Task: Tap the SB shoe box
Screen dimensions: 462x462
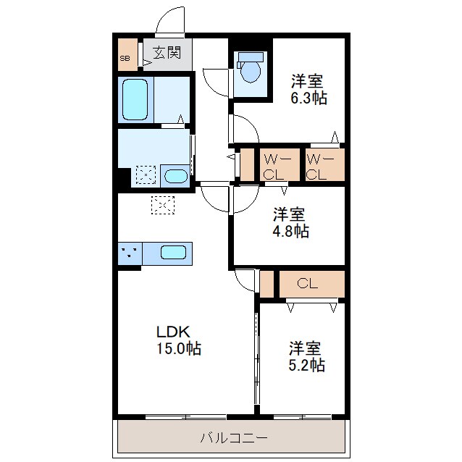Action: [x=125, y=58]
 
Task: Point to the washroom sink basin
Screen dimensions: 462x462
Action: [x=174, y=176]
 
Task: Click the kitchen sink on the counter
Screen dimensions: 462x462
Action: [x=173, y=253]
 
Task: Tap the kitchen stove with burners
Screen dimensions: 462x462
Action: [x=130, y=253]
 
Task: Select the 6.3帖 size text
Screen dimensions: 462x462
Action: [x=308, y=98]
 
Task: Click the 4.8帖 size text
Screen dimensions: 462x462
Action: [x=290, y=232]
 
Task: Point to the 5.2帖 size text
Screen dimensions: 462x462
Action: [x=306, y=365]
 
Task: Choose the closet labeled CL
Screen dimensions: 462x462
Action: [x=308, y=284]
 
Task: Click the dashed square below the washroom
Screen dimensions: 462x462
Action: [x=162, y=205]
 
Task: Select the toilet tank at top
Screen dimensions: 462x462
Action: [x=251, y=56]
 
